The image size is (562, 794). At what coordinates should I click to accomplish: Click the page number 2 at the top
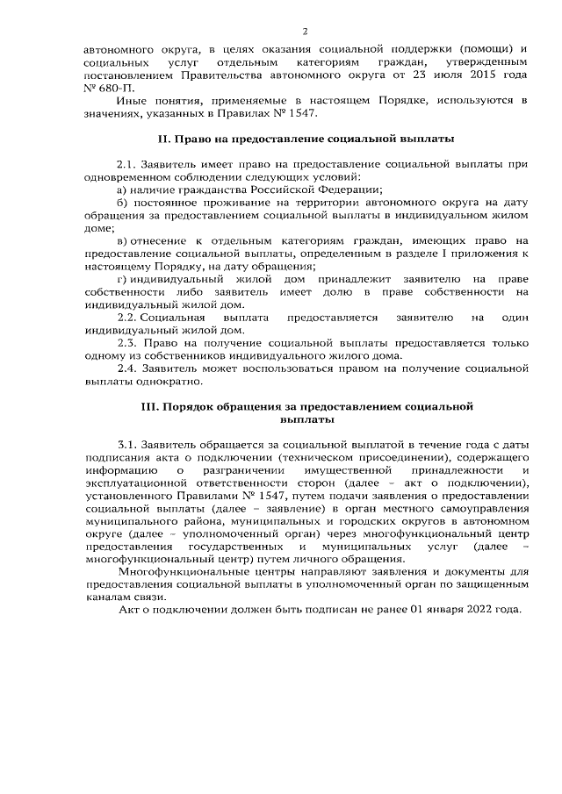280,29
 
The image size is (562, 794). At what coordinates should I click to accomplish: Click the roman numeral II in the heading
162,139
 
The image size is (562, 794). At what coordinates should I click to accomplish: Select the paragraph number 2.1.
128,165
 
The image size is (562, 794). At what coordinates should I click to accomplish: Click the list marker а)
123,190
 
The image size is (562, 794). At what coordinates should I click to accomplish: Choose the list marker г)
122,278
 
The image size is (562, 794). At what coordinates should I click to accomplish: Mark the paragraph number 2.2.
128,317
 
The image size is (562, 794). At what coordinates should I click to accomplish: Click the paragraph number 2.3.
128,342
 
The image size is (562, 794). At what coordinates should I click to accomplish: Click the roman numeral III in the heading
148,407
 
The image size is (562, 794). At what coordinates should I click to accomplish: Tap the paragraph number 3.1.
128,446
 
